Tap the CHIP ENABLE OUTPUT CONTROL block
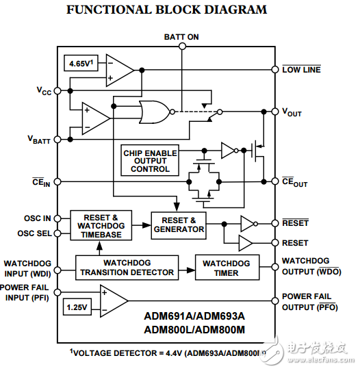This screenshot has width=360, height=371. tap(150, 160)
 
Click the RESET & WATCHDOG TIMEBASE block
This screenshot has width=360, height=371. tap(100, 225)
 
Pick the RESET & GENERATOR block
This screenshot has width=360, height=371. tap(179, 225)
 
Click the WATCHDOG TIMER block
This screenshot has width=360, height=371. tap(227, 268)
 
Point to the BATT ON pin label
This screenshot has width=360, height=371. tap(181, 36)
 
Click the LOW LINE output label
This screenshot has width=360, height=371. tap(301, 70)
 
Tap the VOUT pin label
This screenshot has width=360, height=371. tap(292, 112)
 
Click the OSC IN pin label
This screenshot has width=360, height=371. tap(38, 218)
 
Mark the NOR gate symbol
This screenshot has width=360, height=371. tap(154, 110)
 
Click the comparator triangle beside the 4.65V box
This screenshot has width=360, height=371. tap(120, 68)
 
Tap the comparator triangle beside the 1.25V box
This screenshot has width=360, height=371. tap(113, 301)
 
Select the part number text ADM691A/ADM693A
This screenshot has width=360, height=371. tap(194, 317)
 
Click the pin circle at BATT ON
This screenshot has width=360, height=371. tap(181, 47)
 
